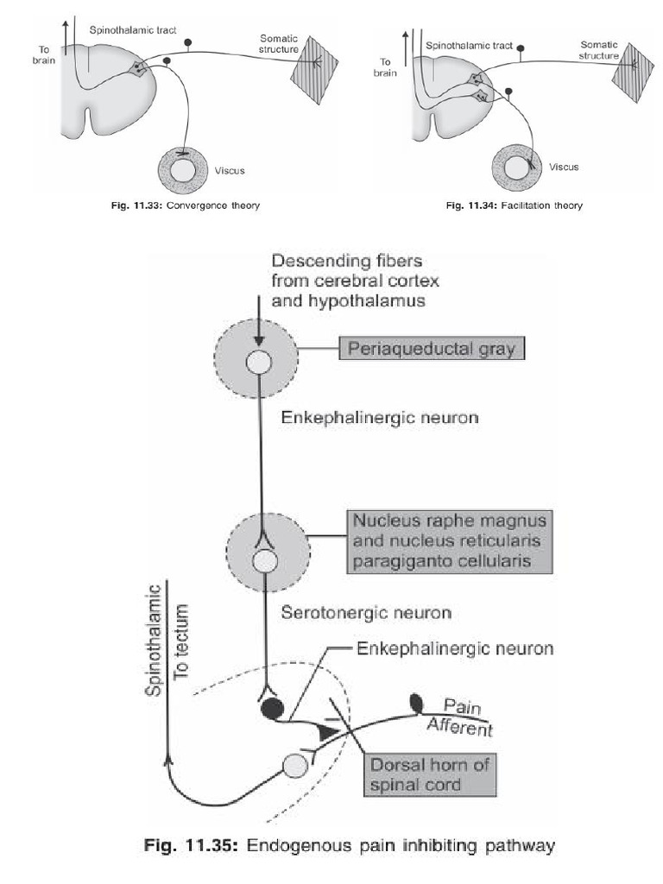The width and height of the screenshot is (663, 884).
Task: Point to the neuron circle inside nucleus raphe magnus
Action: [x=264, y=561]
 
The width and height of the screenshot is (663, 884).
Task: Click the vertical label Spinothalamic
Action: [x=155, y=638]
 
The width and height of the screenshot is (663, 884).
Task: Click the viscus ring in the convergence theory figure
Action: [x=183, y=170]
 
